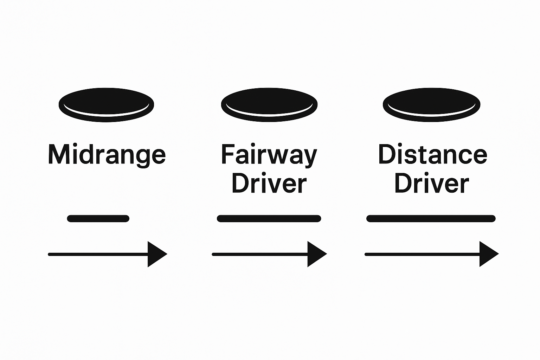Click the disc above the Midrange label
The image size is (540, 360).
pos(106,104)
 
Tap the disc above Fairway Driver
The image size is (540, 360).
pos(269,104)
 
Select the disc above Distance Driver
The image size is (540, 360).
pos(431,104)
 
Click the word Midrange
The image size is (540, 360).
pos(107,155)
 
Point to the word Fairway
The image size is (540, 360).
pos(269,155)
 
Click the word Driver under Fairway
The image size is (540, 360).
pos(269,183)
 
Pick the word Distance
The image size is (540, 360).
pos(432,154)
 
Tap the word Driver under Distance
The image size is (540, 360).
pos(432,183)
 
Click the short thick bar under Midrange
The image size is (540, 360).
pos(98,218)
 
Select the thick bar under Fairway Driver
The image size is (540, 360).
pos(269,218)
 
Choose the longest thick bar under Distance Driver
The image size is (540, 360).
pos(431,218)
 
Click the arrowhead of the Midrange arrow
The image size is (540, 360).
pos(156,254)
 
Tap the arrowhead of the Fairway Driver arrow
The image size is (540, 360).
pos(316,254)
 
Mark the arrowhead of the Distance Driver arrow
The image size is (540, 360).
pos(488,254)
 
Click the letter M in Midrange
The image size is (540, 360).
pos(57,154)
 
